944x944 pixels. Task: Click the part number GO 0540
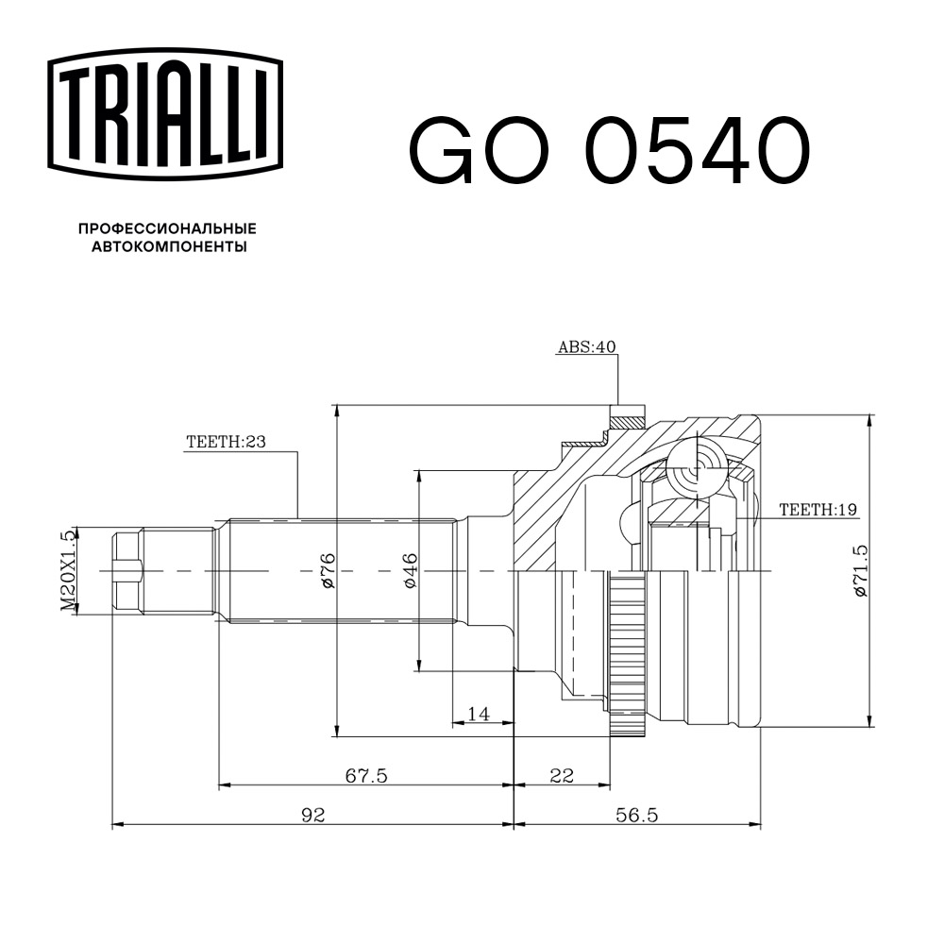pos(609,150)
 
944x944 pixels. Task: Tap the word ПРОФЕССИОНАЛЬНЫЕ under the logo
pos(167,228)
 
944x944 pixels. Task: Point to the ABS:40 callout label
pos(585,347)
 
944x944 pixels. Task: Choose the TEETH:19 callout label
pos(818,510)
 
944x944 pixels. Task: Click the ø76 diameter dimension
pos(328,571)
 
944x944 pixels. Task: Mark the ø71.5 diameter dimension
pos(859,571)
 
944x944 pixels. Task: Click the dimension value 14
pos(479,715)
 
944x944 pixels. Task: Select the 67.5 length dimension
pos(365,775)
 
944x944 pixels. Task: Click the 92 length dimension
pos(312,815)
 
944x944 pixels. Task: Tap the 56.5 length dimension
pos(637,815)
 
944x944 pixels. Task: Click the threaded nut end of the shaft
pos(127,572)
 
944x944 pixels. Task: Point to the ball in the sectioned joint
pos(699,463)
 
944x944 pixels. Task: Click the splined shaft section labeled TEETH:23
pos(340,571)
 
